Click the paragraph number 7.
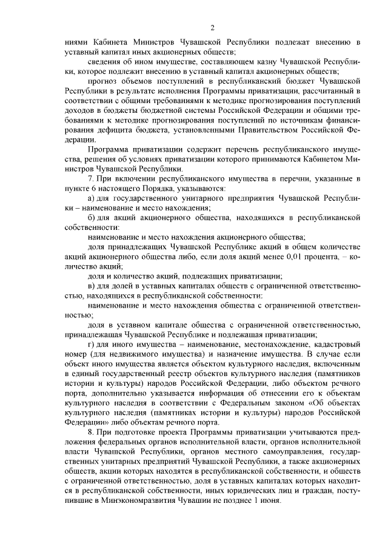(x=90, y=176)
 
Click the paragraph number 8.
(x=90, y=432)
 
